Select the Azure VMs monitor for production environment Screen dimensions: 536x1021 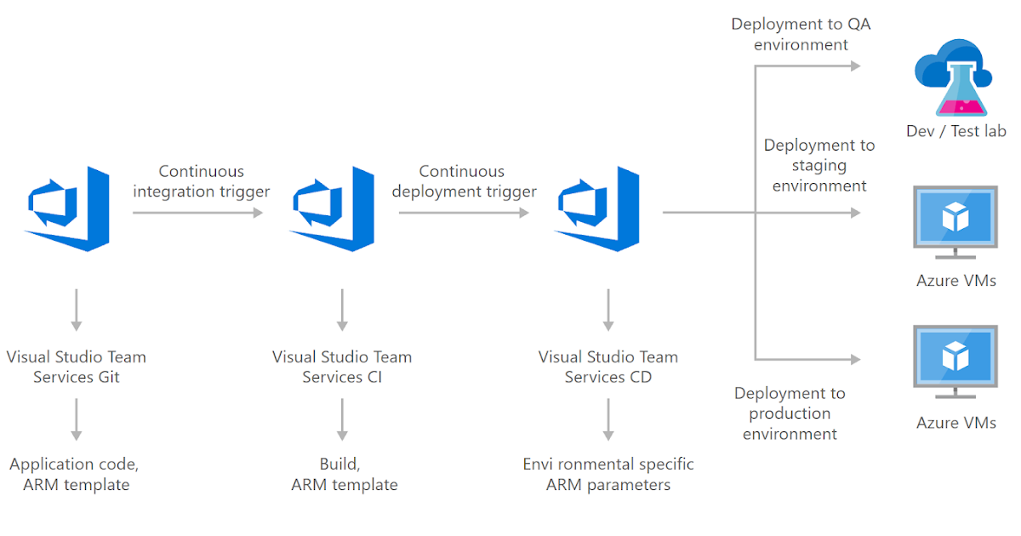click(x=955, y=360)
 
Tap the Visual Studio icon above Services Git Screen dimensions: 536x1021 click(x=68, y=209)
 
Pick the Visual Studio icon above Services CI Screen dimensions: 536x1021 click(x=333, y=209)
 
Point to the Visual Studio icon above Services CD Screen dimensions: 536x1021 click(x=598, y=209)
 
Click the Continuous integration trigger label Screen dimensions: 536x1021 click(x=201, y=181)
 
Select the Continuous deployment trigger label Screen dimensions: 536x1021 click(x=464, y=181)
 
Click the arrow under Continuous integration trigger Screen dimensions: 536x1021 click(x=198, y=213)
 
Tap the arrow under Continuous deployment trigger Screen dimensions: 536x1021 click(x=464, y=213)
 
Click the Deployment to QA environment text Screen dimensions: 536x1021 click(x=801, y=34)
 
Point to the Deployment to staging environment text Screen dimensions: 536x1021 click(x=819, y=165)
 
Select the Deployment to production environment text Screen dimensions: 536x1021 click(x=790, y=413)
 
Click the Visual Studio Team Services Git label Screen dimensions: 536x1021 click(x=76, y=367)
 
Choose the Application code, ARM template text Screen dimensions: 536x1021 click(x=76, y=474)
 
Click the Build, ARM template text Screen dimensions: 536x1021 click(x=344, y=474)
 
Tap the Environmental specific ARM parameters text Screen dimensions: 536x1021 click(x=607, y=474)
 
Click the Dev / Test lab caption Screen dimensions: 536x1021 click(x=955, y=131)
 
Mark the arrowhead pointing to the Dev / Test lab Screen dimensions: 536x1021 click(x=855, y=66)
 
